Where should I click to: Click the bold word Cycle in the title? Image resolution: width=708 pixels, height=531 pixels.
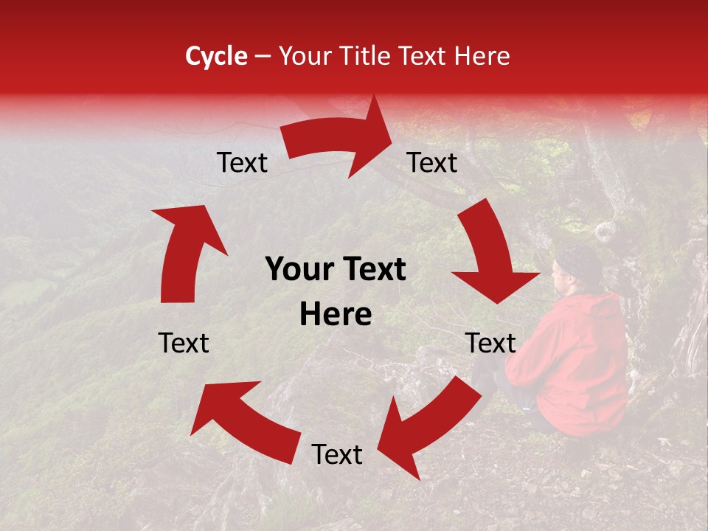(x=216, y=56)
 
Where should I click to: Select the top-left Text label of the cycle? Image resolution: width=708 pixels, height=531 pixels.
(x=242, y=163)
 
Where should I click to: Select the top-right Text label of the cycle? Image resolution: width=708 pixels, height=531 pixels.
(x=432, y=163)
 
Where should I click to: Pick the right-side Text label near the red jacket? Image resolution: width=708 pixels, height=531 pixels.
(x=490, y=343)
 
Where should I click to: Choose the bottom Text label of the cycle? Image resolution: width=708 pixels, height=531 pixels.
(x=337, y=455)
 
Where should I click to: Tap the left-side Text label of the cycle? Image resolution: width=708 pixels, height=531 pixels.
(x=184, y=343)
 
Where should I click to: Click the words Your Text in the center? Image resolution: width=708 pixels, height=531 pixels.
(x=336, y=270)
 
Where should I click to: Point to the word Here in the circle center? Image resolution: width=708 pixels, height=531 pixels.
(x=336, y=314)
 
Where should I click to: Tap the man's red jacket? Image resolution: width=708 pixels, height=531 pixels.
(x=583, y=354)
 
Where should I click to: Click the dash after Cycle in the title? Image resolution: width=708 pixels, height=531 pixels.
(x=263, y=56)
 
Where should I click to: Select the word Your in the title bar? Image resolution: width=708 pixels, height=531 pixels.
(x=305, y=56)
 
